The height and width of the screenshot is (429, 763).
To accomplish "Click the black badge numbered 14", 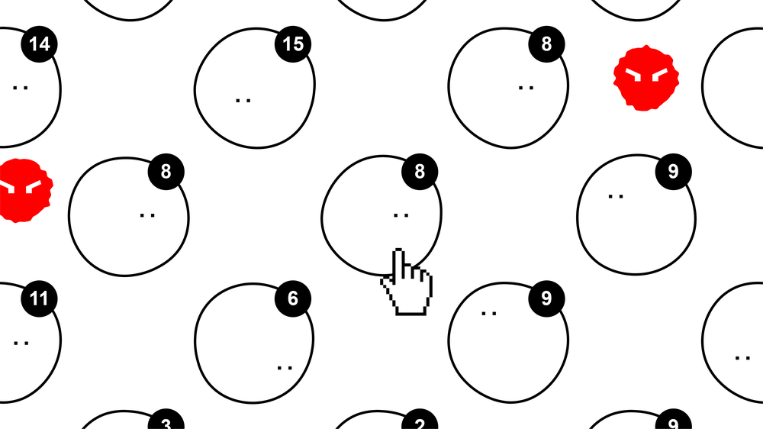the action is pyautogui.click(x=40, y=44).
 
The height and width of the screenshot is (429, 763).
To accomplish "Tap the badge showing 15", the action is pyautogui.click(x=293, y=44).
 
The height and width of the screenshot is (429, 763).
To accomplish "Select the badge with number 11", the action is pyautogui.click(x=40, y=298).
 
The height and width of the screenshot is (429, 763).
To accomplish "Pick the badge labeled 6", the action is pyautogui.click(x=293, y=298).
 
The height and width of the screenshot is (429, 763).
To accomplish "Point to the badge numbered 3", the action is pyautogui.click(x=166, y=421).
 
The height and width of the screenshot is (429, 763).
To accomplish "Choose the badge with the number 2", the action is pyautogui.click(x=420, y=421).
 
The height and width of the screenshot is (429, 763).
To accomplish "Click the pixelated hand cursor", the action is pyautogui.click(x=407, y=282).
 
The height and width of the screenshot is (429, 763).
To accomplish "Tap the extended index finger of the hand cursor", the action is pyautogui.click(x=399, y=263).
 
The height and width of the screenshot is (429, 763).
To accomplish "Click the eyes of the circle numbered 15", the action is pyautogui.click(x=243, y=101).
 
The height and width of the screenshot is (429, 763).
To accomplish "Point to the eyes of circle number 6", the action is pyautogui.click(x=285, y=368).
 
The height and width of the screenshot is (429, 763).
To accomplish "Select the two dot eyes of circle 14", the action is pyautogui.click(x=21, y=88).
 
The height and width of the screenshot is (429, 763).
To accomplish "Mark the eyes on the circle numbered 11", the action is pyautogui.click(x=21, y=343).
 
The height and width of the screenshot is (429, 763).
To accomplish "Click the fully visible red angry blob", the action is pyautogui.click(x=646, y=78).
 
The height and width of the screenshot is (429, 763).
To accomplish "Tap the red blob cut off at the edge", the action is pyautogui.click(x=24, y=190).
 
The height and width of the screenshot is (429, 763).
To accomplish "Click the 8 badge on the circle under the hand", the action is pyautogui.click(x=420, y=172).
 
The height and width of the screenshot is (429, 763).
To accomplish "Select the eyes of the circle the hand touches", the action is pyautogui.click(x=401, y=214).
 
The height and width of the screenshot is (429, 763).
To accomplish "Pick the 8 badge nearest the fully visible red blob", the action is pyautogui.click(x=546, y=44).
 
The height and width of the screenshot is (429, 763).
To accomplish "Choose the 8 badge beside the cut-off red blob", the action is pyautogui.click(x=166, y=172).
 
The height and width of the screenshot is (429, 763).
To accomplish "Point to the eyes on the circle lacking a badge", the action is pyautogui.click(x=742, y=358).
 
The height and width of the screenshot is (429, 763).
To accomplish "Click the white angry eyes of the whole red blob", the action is pyautogui.click(x=646, y=75).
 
